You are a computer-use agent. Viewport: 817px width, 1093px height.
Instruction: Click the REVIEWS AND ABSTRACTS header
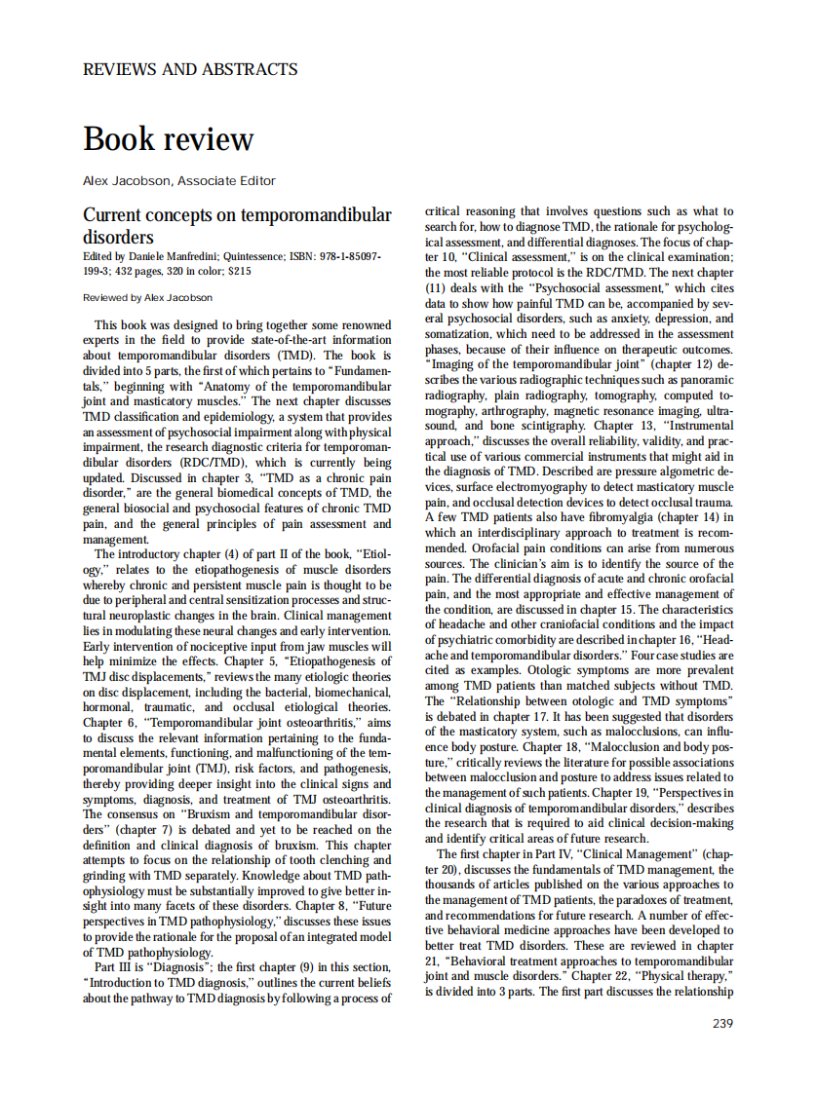pos(190,69)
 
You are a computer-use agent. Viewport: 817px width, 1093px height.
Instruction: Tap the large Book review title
pos(168,139)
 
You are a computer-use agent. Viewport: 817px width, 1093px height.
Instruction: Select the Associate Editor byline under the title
pos(179,180)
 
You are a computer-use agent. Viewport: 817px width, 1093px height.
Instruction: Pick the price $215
pos(239,272)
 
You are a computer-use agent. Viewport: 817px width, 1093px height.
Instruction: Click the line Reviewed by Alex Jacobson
pos(147,297)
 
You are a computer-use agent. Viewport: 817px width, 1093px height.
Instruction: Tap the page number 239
pos(722,1023)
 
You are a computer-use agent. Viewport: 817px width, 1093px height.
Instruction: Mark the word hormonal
pos(110,707)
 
